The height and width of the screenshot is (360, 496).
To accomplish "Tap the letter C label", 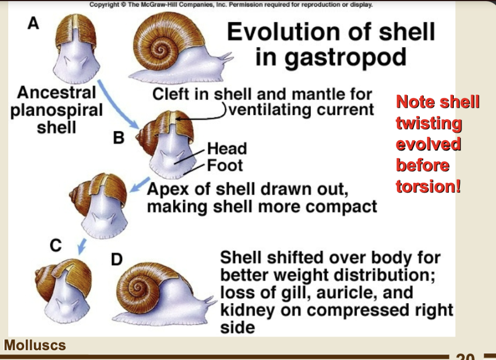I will (x=55, y=246).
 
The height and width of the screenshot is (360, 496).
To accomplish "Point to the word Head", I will (x=227, y=149).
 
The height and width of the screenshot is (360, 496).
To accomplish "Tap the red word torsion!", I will (x=428, y=186).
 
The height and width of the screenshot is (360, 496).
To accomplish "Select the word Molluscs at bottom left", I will (x=34, y=345).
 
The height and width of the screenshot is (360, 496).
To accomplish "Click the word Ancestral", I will (x=56, y=92).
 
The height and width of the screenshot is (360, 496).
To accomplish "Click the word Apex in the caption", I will (x=168, y=190).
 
